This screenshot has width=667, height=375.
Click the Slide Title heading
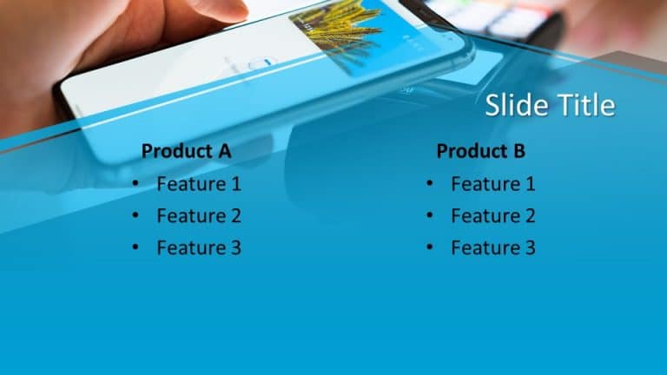pos(550,105)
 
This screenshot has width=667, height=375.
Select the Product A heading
pos(186,151)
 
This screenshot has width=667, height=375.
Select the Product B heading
pos(480,151)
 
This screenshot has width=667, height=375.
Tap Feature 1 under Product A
pos(199,184)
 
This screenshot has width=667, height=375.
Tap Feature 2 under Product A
pos(199,216)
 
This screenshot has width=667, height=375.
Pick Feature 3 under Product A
pos(199,248)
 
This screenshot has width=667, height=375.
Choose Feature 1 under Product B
pos(492,184)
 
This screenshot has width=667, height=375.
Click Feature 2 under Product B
pos(492,216)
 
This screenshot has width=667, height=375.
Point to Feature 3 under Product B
pos(492,248)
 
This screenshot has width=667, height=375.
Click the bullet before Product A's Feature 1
pos(135,185)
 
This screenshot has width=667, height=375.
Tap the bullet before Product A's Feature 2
pos(135,217)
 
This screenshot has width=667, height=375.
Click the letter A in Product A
pos(224,151)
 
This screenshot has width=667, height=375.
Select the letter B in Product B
pos(518,151)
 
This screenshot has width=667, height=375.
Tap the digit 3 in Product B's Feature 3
pos(530,248)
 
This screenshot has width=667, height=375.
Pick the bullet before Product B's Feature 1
pos(429,185)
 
